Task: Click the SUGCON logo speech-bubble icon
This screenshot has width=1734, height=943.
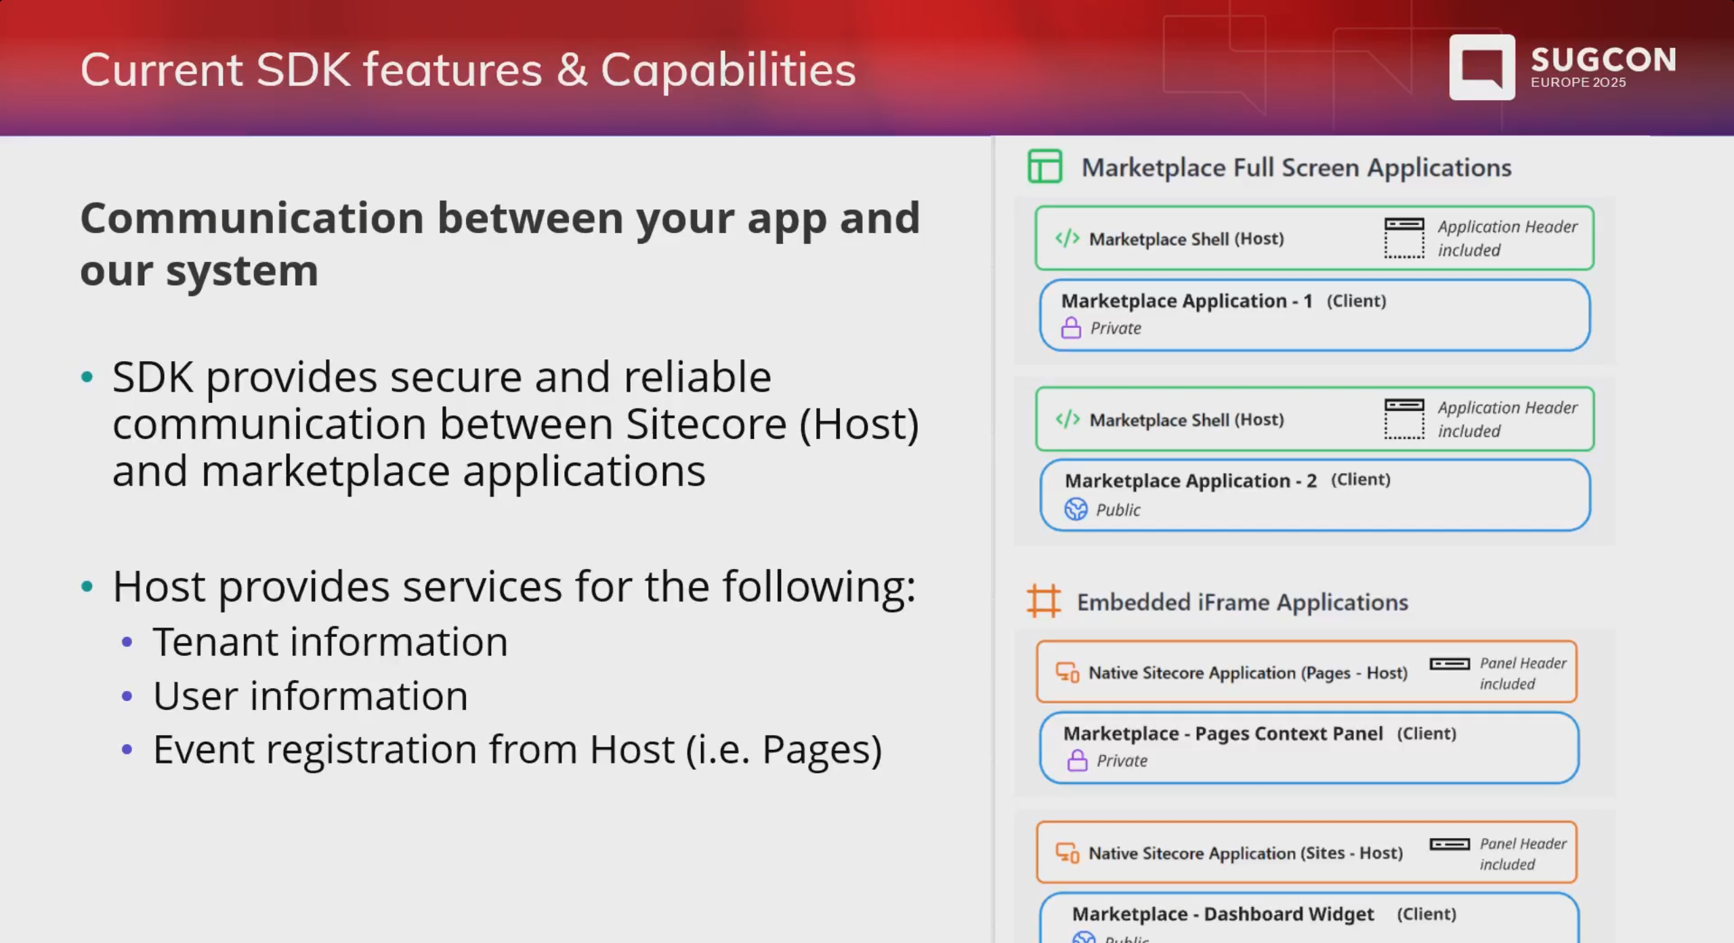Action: pos(1481,67)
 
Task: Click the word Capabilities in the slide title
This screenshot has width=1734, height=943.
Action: pos(728,70)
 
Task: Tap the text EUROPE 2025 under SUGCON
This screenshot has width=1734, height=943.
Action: pos(1578,83)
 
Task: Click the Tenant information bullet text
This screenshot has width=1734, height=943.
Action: pos(330,642)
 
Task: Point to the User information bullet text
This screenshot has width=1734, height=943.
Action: pos(310,696)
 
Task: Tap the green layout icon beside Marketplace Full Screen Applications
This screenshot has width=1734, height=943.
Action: pos(1044,167)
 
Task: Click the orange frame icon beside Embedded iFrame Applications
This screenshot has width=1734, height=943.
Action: pos(1043,601)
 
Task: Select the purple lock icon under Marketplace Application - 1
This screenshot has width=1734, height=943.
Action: pos(1071,329)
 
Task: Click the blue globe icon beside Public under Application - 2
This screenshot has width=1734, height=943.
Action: pos(1076,509)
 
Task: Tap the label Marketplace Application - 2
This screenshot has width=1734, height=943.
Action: pos(1190,481)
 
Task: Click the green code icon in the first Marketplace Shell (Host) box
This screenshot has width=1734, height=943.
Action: pos(1067,238)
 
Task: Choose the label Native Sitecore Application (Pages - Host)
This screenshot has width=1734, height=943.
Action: pos(1247,673)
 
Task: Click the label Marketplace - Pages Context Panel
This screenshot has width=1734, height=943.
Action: pos(1223,734)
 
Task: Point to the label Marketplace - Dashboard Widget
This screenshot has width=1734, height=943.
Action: pos(1223,914)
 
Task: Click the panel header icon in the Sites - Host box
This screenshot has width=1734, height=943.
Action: pos(1450,844)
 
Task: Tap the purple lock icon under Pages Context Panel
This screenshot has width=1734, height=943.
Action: pos(1077,761)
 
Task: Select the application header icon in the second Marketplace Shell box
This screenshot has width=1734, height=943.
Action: pos(1404,419)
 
